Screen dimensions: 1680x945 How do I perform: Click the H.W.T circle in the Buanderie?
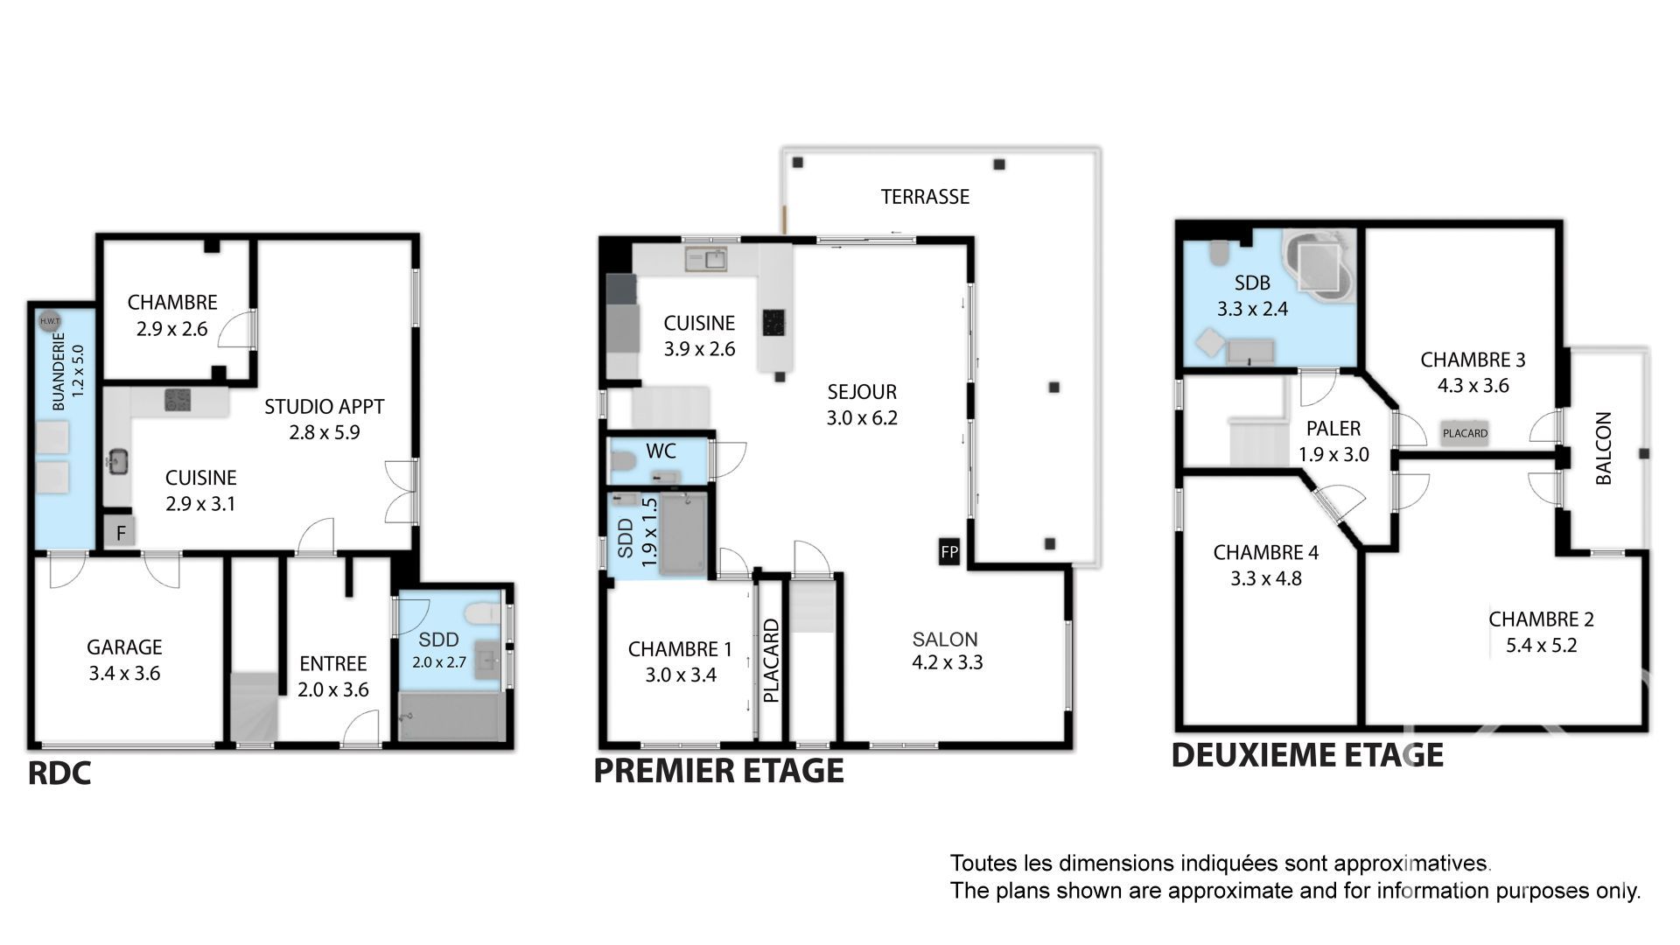49,321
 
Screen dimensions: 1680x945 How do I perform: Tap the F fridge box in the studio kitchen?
120,531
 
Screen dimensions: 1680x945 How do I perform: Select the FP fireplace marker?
949,552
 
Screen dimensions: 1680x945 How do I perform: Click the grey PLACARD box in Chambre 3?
1466,433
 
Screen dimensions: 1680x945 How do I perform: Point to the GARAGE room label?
124,647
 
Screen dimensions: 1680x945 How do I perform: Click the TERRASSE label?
925,197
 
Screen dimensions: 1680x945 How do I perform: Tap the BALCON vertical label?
1604,448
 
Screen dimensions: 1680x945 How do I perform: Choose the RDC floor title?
59,774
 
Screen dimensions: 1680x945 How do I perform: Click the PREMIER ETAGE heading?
719,771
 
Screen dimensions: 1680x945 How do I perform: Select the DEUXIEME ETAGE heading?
1307,755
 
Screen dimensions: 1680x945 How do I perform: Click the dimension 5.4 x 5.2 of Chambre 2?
1542,646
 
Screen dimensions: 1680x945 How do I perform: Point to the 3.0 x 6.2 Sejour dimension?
862,418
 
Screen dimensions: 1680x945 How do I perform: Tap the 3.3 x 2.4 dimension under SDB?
1252,309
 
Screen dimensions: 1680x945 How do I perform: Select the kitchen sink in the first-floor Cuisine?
706,258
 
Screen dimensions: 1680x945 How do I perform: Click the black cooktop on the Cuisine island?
774,322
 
